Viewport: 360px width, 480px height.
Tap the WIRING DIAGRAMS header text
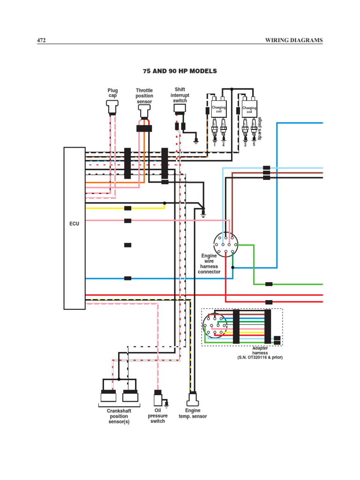pyautogui.click(x=294, y=41)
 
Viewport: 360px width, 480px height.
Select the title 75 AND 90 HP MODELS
pyautogui.click(x=180, y=71)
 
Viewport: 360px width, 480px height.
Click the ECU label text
pyautogui.click(x=75, y=224)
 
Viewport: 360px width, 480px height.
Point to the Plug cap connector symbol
pyautogui.click(x=112, y=109)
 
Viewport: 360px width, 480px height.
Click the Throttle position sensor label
pyautogui.click(x=144, y=96)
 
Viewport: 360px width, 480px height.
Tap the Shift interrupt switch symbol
pyautogui.click(x=180, y=109)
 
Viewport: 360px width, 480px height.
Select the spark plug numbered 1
pyautogui.click(x=215, y=128)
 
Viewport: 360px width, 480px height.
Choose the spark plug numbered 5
pyautogui.click(x=254, y=128)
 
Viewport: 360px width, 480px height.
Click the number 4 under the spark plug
pyautogui.click(x=223, y=145)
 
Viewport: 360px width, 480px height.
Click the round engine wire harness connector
pyautogui.click(x=225, y=244)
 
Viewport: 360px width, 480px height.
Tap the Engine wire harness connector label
pyautogui.click(x=209, y=264)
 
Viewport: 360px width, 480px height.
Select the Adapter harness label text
pyautogui.click(x=260, y=351)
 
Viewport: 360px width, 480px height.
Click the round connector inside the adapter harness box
pyautogui.click(x=215, y=325)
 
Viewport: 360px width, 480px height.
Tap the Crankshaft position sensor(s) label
pyautogui.click(x=119, y=416)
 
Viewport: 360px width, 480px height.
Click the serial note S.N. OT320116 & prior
pyautogui.click(x=260, y=358)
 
